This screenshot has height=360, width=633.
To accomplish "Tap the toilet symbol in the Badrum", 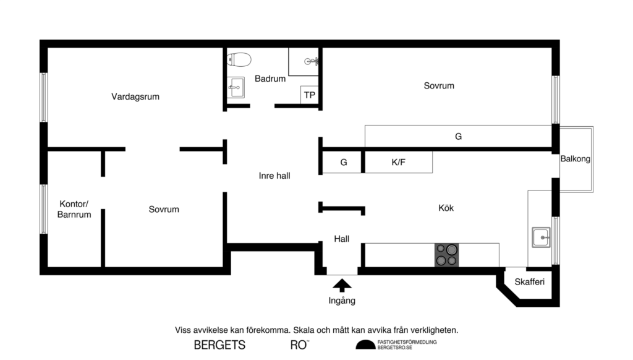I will coord(239,60).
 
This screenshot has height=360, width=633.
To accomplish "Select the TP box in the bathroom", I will coord(309,95).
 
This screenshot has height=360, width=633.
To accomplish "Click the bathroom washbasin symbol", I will coord(236,88).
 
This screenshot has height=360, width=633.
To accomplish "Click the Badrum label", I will coord(270,79).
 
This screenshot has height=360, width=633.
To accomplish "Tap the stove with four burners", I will coord(447,254).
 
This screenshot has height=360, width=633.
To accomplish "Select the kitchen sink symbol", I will coord(542,237).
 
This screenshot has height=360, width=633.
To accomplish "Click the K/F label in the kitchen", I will coord(399,163).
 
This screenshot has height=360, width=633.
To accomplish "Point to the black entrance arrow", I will coord(342,285).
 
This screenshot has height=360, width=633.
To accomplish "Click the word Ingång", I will coord(342,301).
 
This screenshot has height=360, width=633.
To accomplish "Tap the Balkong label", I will coord(575,159).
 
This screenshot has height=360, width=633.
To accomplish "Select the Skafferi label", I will coord(529,283).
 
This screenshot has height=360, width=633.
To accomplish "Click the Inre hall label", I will coord(274,176).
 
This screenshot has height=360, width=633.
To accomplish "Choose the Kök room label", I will coord(446,208).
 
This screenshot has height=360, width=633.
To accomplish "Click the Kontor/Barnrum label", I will coord(75,210).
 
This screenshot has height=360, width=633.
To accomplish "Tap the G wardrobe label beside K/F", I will coord(343,163).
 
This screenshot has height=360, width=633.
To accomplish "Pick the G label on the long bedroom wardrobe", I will coord(458,136).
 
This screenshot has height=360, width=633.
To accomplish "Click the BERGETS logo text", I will coord(219,345).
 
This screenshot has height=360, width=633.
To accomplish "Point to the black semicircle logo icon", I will coord(365,345).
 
